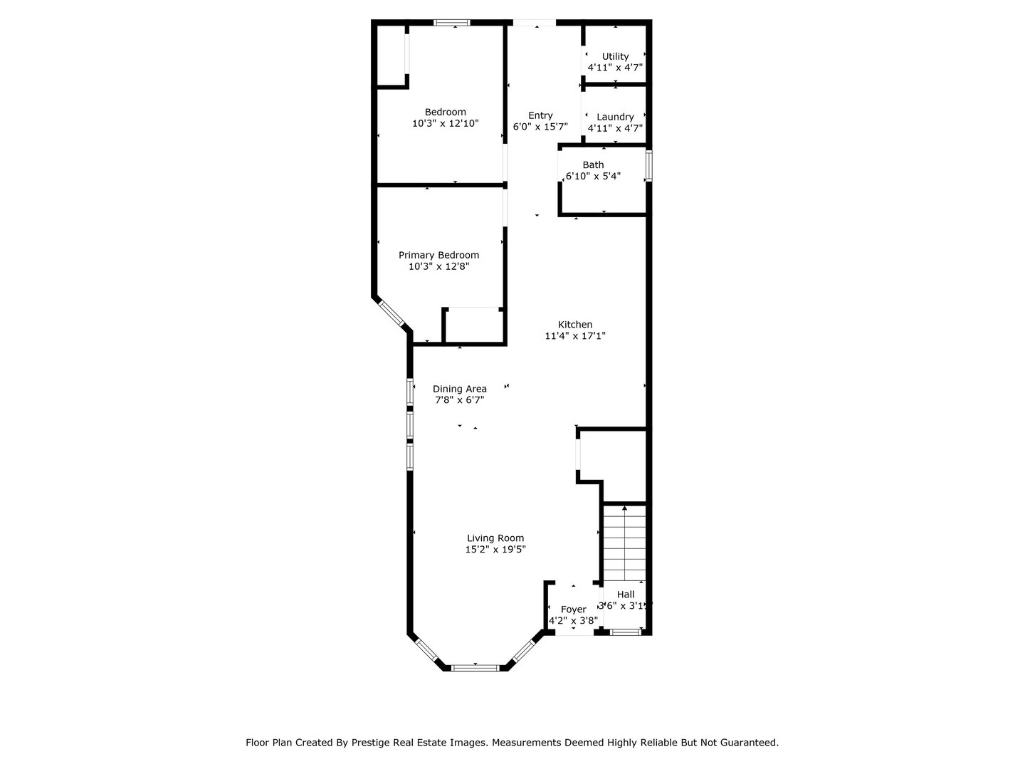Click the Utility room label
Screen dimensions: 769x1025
point(615,56)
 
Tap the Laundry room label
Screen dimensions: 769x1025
point(615,117)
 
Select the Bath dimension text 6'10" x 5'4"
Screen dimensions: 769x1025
point(593,176)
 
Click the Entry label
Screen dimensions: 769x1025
point(540,115)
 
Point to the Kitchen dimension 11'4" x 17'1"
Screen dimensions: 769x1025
point(575,336)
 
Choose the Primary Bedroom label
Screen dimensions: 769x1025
point(438,255)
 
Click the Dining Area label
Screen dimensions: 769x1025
point(460,389)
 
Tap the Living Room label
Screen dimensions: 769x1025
point(495,538)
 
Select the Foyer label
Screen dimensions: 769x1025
point(573,610)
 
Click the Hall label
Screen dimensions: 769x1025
point(626,595)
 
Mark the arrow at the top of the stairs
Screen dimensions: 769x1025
point(624,508)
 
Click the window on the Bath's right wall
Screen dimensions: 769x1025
point(648,165)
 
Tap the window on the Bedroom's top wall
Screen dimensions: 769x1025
point(452,23)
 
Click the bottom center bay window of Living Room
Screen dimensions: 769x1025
point(475,668)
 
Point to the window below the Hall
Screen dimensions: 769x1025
point(626,632)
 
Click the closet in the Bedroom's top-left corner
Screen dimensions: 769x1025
point(391,56)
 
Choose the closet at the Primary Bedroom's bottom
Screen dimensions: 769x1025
point(472,326)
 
